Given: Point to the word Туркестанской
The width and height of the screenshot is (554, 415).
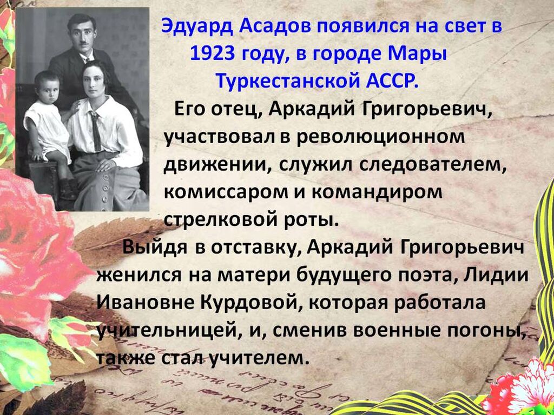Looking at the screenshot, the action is [x=287, y=82].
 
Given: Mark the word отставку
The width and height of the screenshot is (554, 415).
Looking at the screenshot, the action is [x=255, y=248].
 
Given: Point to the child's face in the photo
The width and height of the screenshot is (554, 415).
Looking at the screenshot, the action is [x=48, y=89].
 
